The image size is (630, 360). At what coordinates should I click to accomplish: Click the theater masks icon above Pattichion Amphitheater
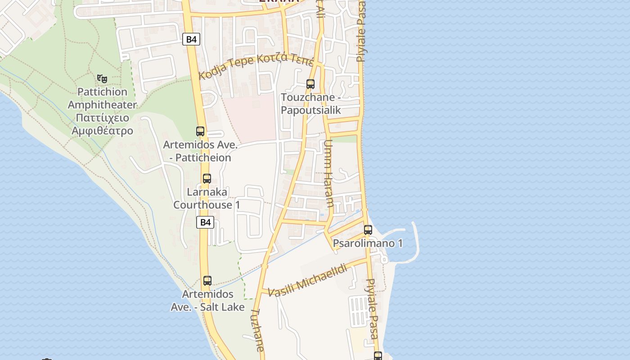click(x=102, y=79)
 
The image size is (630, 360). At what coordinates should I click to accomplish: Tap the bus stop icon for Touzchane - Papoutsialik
click(x=310, y=84)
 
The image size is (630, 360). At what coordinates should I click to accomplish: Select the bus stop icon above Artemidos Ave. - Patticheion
click(x=200, y=131)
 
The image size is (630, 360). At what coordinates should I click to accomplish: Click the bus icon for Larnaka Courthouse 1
click(x=207, y=178)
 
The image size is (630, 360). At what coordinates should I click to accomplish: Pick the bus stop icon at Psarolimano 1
click(x=368, y=230)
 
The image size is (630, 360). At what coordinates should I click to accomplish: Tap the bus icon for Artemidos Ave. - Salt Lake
click(x=207, y=281)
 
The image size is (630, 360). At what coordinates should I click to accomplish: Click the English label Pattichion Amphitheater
click(x=102, y=99)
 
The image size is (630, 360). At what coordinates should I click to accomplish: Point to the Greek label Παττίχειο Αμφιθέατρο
click(x=102, y=124)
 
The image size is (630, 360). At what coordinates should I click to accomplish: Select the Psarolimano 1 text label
click(x=368, y=243)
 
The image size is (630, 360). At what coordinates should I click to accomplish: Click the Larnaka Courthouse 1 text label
click(x=207, y=198)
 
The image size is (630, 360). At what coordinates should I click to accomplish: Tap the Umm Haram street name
click(x=328, y=173)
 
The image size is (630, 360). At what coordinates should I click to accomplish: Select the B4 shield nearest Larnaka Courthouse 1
click(x=205, y=222)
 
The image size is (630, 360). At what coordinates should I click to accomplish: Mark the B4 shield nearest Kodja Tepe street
click(x=191, y=39)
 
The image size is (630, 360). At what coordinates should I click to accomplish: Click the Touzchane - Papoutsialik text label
click(x=310, y=104)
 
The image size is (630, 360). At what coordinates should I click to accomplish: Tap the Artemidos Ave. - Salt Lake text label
click(x=207, y=301)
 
